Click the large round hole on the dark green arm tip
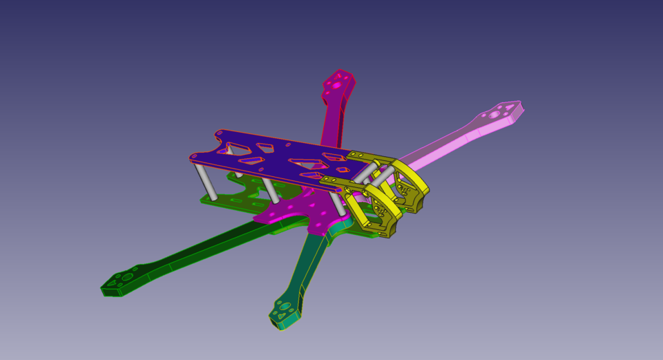point(128,276)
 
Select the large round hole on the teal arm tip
point(286,306)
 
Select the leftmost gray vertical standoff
point(205,181)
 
